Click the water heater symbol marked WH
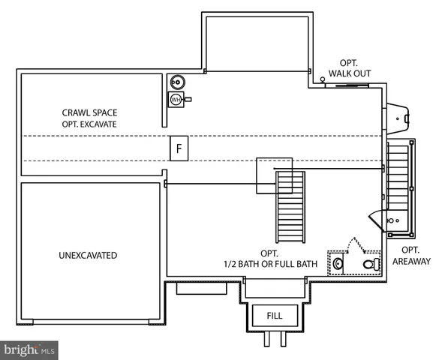[176, 100]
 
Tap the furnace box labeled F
[179, 148]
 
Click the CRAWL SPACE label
[89, 112]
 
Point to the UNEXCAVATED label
[88, 255]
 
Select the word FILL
[275, 316]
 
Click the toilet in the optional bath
[371, 264]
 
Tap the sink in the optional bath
[338, 263]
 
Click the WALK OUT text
[350, 73]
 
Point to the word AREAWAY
[411, 261]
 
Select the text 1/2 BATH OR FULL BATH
[270, 264]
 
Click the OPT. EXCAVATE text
[89, 124]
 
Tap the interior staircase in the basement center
[290, 207]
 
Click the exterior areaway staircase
[398, 178]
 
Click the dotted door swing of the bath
[356, 244]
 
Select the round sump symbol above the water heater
[177, 82]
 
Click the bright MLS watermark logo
[29, 350]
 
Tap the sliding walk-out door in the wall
[352, 85]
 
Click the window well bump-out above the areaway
[398, 118]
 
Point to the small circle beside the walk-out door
[323, 79]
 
